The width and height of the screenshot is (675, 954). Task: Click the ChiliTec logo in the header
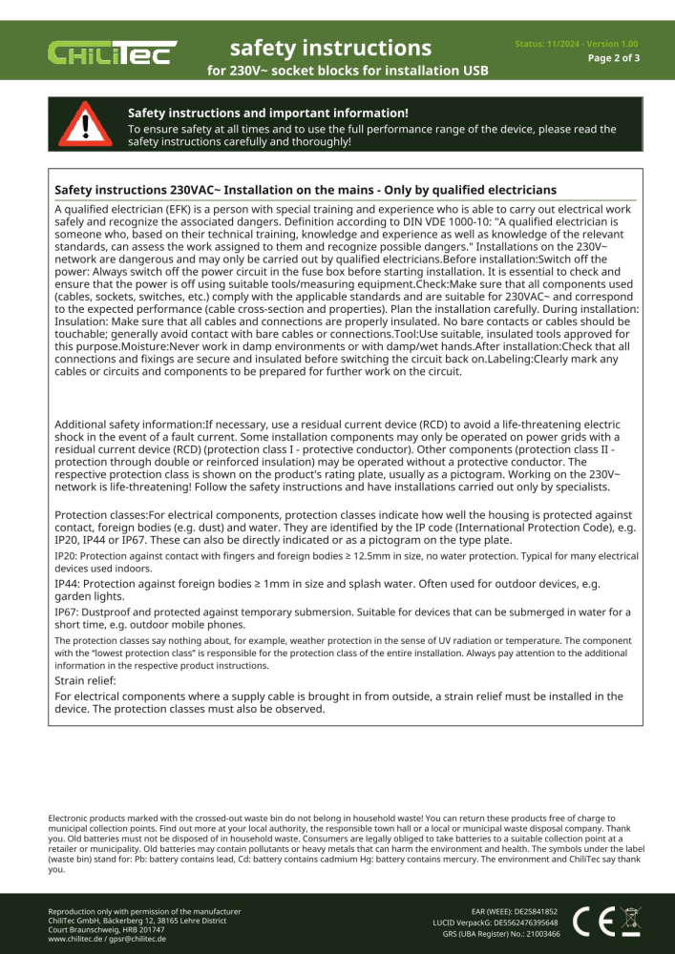[113, 52]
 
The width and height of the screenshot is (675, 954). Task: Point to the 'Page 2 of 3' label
[613, 58]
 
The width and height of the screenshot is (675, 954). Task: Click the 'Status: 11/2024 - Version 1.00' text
[577, 44]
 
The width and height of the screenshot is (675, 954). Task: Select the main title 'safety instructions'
[330, 47]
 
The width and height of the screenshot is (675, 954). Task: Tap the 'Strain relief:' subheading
[85, 681]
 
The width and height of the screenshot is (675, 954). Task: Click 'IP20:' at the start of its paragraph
[66, 555]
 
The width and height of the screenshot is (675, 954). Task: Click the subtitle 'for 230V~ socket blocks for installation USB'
[348, 71]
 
